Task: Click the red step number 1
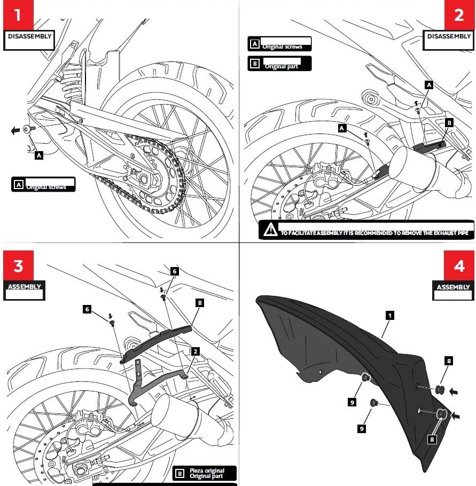click(x=18, y=14)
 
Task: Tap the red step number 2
click(x=459, y=14)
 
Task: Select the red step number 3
click(x=18, y=265)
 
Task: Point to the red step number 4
click(x=459, y=265)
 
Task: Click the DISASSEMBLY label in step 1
click(x=30, y=36)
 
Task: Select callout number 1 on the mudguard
click(x=390, y=316)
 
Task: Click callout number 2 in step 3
click(x=196, y=351)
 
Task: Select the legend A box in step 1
click(x=18, y=185)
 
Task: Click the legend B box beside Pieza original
click(x=180, y=473)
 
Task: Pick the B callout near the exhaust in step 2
click(x=449, y=123)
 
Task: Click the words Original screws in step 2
click(x=282, y=47)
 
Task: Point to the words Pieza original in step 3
click(x=207, y=471)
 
